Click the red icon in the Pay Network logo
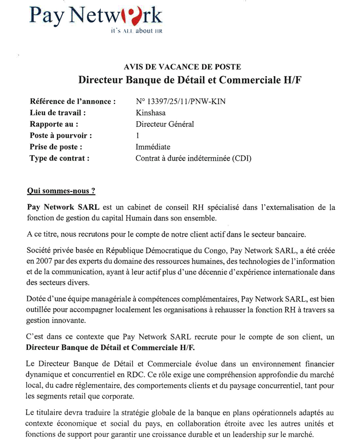[x=125, y=17]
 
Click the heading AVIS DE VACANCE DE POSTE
[x=182, y=66]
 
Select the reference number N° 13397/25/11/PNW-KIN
[x=181, y=101]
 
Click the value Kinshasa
[x=150, y=113]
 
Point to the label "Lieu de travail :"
[x=58, y=113]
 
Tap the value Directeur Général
[x=165, y=124]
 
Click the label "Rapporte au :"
[x=54, y=124]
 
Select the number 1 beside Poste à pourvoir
[x=138, y=135]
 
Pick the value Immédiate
[x=153, y=147]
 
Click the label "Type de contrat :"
[x=60, y=158]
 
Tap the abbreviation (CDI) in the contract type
[x=242, y=158]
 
